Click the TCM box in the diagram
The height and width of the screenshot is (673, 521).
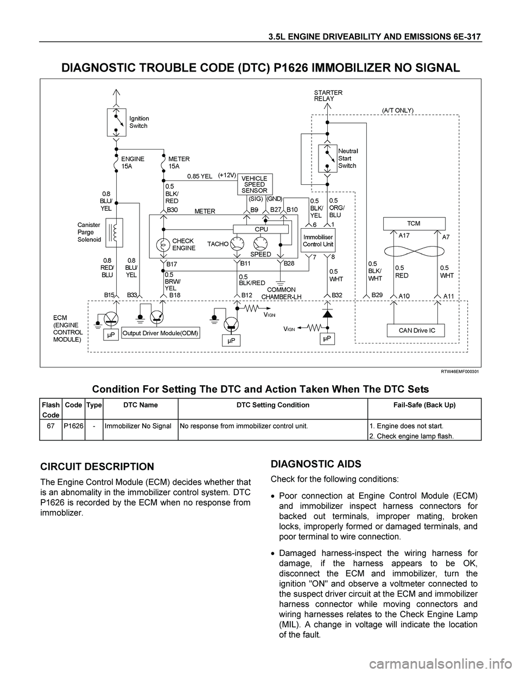pyautogui.click(x=414, y=224)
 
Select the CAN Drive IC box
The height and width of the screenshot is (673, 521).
pyautogui.click(x=416, y=331)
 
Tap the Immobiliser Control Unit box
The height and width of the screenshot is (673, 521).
pyautogui.click(x=318, y=241)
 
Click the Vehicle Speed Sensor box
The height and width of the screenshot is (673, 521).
pyautogui.click(x=255, y=184)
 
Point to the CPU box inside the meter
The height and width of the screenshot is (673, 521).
pyautogui.click(x=261, y=229)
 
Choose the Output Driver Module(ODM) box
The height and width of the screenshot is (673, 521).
pyautogui.click(x=160, y=333)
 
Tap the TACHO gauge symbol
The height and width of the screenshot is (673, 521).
pyautogui.click(x=237, y=244)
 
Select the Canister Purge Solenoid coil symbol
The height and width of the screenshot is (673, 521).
pyautogui.click(x=114, y=232)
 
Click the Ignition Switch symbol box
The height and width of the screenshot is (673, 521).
pyautogui.click(x=117, y=122)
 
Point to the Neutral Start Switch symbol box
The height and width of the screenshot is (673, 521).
pyautogui.click(x=328, y=159)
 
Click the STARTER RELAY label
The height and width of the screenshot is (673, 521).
pyautogui.click(x=328, y=95)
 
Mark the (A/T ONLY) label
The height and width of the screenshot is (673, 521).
pyautogui.click(x=397, y=110)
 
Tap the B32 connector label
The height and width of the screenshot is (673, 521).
pyautogui.click(x=337, y=295)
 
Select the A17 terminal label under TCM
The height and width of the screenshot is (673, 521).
pyautogui.click(x=404, y=235)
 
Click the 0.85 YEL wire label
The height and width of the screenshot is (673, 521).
pyautogui.click(x=200, y=176)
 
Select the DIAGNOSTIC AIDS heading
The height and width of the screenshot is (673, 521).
pyautogui.click(x=316, y=464)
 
